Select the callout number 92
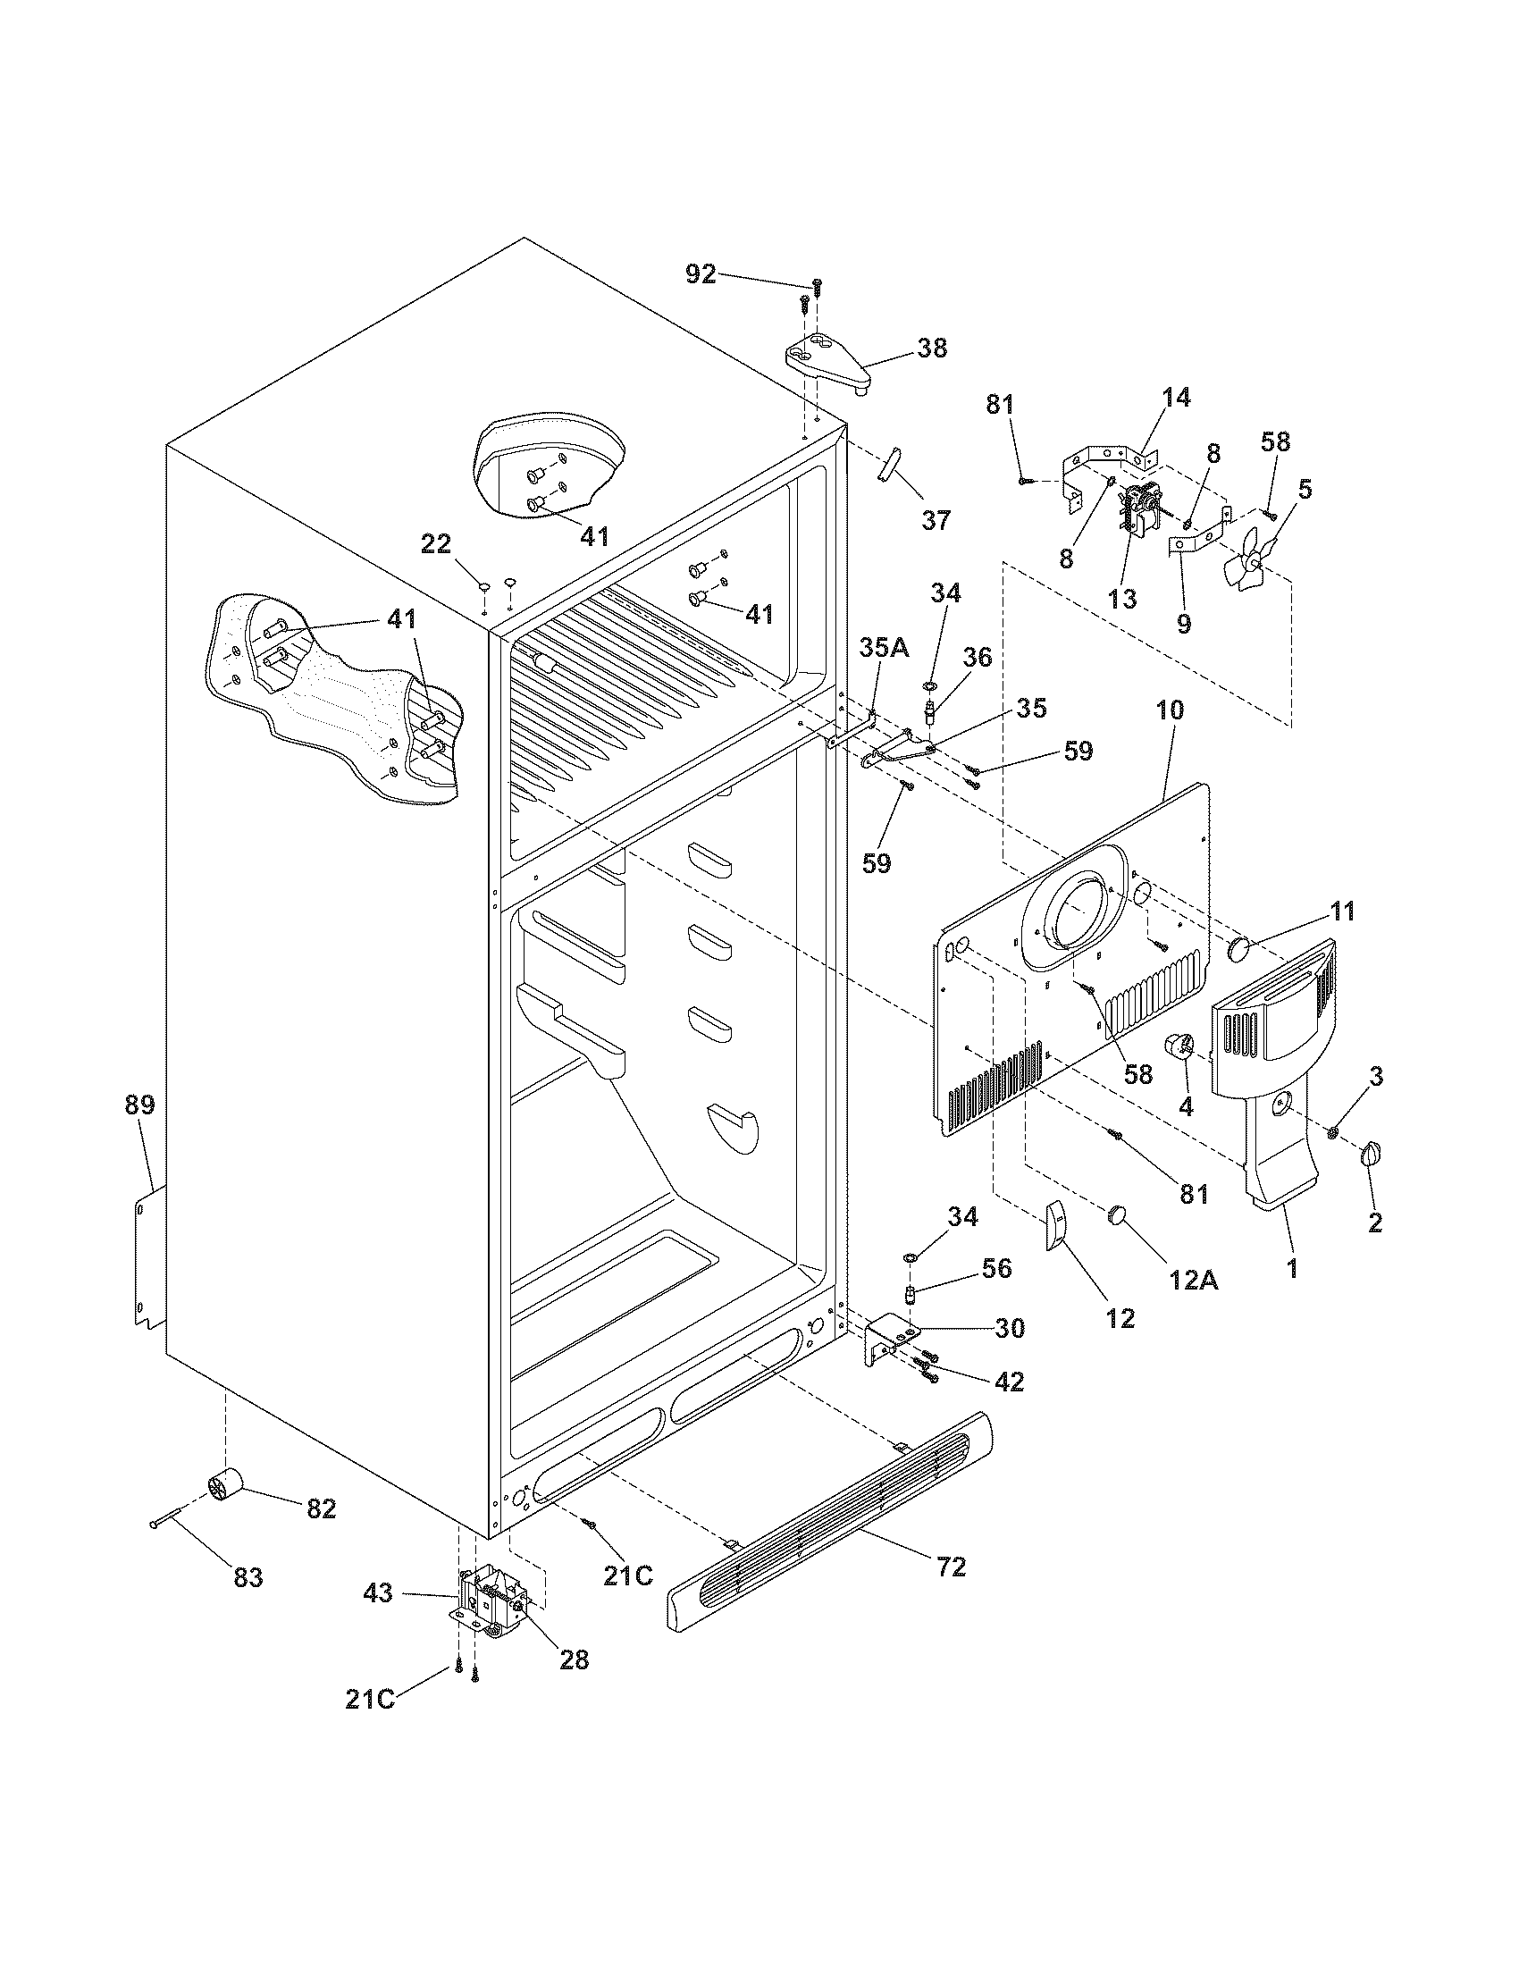701,273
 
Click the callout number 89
139,1105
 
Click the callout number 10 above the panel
1169,711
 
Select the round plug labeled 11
1241,948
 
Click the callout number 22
436,543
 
